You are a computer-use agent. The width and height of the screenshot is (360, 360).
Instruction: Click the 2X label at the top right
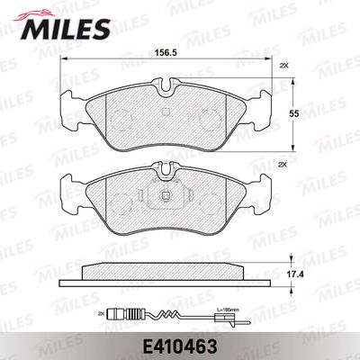tap(284, 67)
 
